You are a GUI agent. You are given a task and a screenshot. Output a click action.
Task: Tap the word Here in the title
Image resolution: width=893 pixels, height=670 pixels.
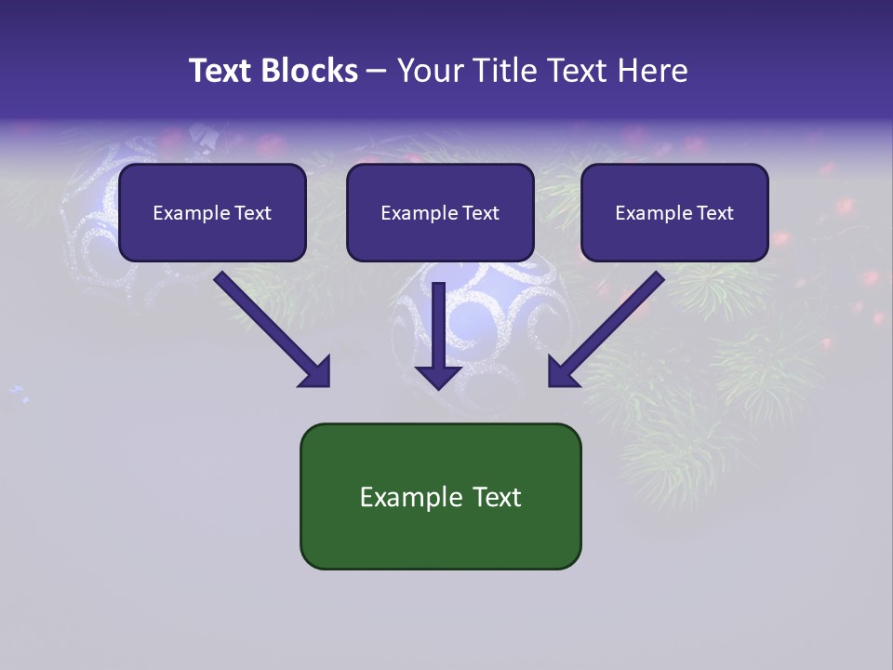(652, 71)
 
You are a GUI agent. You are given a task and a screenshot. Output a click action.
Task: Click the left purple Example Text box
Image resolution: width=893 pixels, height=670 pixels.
(212, 212)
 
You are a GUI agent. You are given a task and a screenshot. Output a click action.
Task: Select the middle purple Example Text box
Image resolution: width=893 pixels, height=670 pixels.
(440, 212)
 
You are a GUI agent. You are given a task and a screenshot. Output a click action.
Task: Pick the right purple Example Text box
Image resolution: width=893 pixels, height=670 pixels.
(674, 212)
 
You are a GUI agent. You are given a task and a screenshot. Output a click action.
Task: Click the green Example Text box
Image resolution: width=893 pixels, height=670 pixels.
(440, 496)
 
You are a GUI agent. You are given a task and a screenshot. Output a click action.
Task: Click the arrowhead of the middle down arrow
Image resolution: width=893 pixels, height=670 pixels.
(438, 375)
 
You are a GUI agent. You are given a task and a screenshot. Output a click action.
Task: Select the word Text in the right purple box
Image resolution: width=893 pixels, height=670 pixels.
(713, 212)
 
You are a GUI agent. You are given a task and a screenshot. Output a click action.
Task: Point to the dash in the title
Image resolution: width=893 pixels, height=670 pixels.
(377, 71)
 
